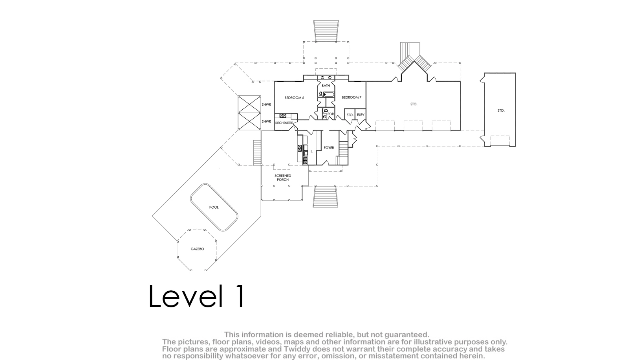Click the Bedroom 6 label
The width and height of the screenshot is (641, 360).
tap(294, 97)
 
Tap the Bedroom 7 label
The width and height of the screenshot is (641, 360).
tap(352, 97)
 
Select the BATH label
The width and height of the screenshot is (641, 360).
tap(326, 86)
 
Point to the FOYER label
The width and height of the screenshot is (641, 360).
tap(329, 148)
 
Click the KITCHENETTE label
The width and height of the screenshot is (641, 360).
tap(284, 123)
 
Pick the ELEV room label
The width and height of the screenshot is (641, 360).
tap(361, 115)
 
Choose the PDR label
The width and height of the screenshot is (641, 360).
tap(331, 114)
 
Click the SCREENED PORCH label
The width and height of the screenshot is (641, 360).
tap(283, 178)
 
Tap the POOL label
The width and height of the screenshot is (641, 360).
tap(214, 208)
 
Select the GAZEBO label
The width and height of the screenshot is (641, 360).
tap(198, 249)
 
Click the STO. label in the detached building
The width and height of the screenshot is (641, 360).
tap(501, 110)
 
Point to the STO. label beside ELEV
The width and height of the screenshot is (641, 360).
tap(350, 115)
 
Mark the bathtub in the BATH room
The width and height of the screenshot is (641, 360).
tap(330, 94)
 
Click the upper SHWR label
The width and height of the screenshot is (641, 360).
tap(266, 105)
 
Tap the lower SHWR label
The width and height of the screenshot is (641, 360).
tap(266, 122)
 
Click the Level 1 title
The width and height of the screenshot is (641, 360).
tap(197, 296)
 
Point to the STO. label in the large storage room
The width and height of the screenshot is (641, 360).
tap(414, 104)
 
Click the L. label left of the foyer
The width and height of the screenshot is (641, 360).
tap(312, 151)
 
